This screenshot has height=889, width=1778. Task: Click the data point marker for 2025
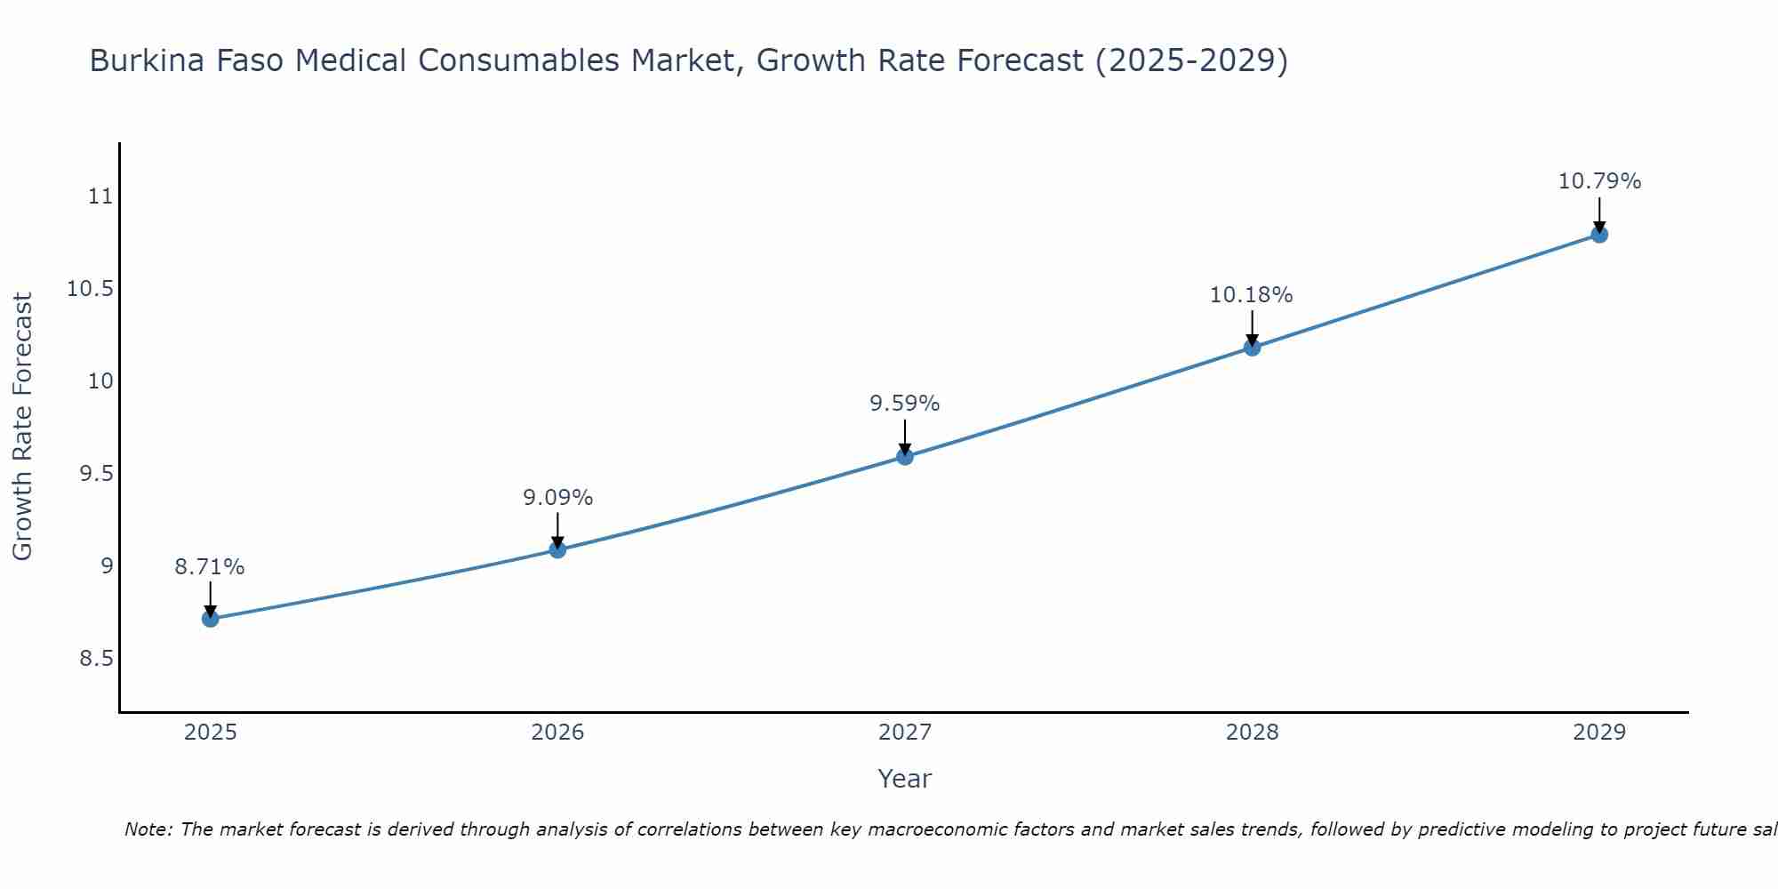click(x=211, y=619)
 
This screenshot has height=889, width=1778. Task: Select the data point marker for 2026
click(x=557, y=549)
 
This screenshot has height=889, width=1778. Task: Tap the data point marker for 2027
click(x=905, y=456)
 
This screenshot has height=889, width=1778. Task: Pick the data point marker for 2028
click(x=1252, y=347)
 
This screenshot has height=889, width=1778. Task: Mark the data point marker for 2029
click(x=1599, y=235)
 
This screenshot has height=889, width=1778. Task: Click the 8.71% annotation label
click(x=210, y=567)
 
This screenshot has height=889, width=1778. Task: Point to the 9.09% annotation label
click(x=557, y=498)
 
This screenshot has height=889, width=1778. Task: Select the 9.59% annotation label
click(x=905, y=404)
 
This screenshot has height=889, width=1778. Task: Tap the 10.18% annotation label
click(x=1251, y=295)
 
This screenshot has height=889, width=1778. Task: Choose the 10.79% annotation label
click(x=1599, y=181)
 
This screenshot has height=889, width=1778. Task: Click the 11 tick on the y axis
click(x=101, y=196)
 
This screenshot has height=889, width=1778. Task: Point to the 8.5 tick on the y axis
click(x=97, y=659)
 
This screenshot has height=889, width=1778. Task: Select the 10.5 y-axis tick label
click(x=91, y=289)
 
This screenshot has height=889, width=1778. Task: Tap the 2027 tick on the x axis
click(x=905, y=733)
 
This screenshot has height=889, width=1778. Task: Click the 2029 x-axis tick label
click(x=1599, y=733)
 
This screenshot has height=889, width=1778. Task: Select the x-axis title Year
click(x=905, y=779)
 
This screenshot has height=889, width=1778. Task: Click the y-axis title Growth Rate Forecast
click(x=23, y=427)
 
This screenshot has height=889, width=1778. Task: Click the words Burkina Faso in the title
click(x=188, y=61)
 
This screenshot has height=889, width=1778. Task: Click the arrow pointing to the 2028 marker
click(x=1252, y=327)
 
